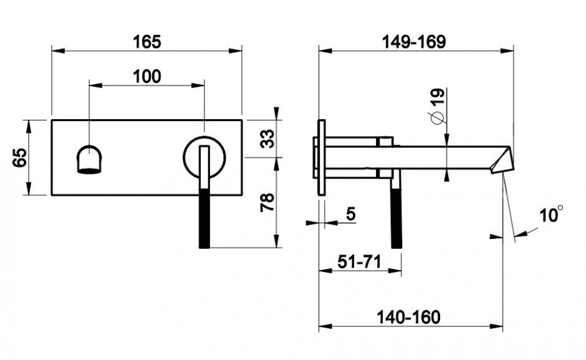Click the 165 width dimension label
pyautogui.click(x=147, y=42)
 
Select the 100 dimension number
pyautogui.click(x=147, y=76)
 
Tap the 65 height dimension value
pyautogui.click(x=20, y=157)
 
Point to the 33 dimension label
pyautogui.click(x=267, y=139)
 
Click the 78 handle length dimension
pyautogui.click(x=267, y=202)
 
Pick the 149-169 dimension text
pyautogui.click(x=414, y=42)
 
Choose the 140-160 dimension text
pyautogui.click(x=408, y=318)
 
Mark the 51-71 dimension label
pyautogui.click(x=359, y=261)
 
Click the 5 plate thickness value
pyautogui.click(x=351, y=214)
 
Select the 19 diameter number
pyautogui.click(x=438, y=97)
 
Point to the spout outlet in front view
pyautogui.click(x=89, y=159)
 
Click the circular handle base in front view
pyautogui.click(x=204, y=157)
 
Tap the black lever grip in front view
pyautogui.click(x=204, y=218)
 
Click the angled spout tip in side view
pyautogui.click(x=502, y=160)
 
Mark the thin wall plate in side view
pyautogui.click(x=322, y=157)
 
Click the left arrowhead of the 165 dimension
pyautogui.click(x=58, y=51)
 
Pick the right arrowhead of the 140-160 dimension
pyautogui.click(x=497, y=326)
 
